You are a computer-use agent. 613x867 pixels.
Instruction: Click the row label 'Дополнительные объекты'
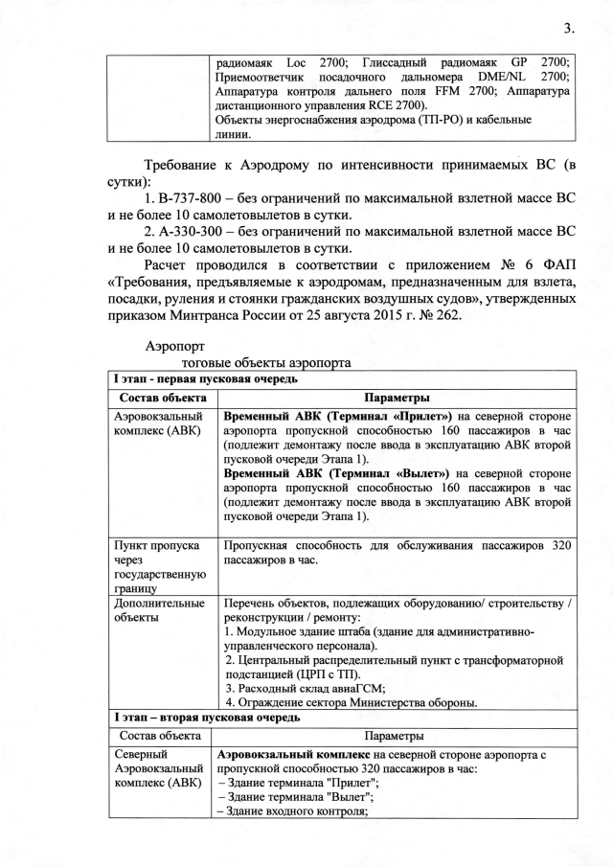tap(159, 610)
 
